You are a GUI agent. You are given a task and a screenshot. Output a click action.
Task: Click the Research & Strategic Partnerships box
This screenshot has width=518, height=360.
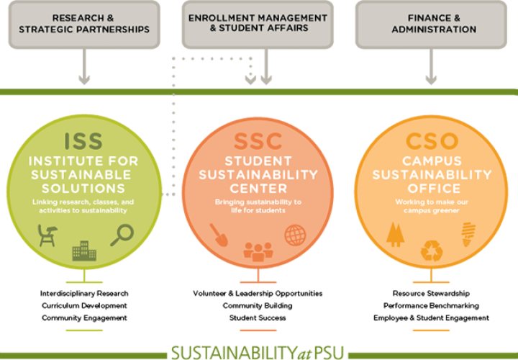click(x=84, y=24)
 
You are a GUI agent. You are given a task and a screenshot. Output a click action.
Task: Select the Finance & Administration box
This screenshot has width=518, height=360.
click(x=431, y=24)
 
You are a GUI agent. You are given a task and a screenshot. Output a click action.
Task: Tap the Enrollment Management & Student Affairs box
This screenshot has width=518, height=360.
click(x=258, y=24)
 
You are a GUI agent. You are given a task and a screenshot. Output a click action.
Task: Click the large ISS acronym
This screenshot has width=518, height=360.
click(x=83, y=141)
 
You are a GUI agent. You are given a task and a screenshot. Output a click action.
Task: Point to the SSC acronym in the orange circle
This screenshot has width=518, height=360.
click(x=258, y=141)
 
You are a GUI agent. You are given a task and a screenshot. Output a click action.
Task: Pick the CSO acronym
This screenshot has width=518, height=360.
click(x=432, y=141)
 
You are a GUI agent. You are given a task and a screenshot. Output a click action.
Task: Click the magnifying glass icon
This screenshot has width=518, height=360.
click(x=122, y=235)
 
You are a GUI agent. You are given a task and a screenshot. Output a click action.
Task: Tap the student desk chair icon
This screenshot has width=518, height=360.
click(x=47, y=235)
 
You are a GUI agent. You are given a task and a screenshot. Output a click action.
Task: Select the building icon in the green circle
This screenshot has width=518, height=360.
click(x=84, y=251)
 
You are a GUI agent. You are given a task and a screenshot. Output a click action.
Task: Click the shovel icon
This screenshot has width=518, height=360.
click(x=219, y=235)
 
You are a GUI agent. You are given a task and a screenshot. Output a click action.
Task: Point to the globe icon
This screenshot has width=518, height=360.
click(x=295, y=235)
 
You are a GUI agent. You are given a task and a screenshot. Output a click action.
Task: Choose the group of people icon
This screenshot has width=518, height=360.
click(x=258, y=252)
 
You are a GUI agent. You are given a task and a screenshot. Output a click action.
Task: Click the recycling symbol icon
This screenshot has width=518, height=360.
click(x=432, y=251)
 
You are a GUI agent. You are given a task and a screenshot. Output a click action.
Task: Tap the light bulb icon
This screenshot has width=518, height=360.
click(x=468, y=235)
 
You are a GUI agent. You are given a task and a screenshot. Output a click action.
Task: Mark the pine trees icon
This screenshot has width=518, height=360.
click(x=396, y=235)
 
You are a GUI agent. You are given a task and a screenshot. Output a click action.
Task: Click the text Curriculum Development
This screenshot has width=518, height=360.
click(x=84, y=306)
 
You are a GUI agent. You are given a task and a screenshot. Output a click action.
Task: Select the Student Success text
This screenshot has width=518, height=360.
click(x=258, y=318)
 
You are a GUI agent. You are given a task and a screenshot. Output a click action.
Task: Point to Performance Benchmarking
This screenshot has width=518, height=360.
click(x=431, y=306)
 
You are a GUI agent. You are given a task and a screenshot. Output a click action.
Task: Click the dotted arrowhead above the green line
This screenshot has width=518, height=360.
click(x=250, y=80)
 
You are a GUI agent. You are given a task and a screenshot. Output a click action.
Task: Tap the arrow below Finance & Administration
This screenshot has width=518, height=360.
click(x=431, y=67)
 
